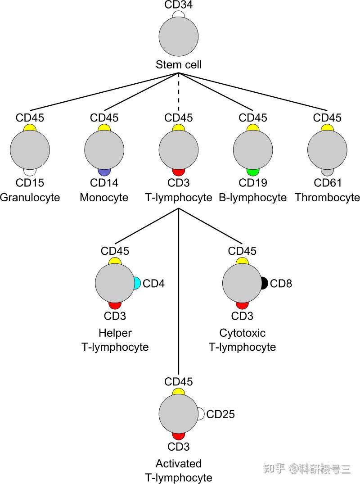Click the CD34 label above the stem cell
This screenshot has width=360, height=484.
tap(179, 5)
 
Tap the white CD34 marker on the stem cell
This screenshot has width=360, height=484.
tap(179, 15)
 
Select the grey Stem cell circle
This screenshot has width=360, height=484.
tap(179, 37)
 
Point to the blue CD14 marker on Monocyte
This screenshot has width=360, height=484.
tap(104, 172)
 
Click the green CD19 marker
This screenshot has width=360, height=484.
tap(253, 172)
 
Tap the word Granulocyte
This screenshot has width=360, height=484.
tap(30, 197)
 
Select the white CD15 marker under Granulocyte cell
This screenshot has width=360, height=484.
tap(30, 172)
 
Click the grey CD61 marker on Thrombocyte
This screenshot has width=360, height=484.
tap(327, 172)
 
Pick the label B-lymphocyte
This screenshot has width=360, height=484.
tap(253, 197)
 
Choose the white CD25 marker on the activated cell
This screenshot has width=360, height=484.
tap(201, 413)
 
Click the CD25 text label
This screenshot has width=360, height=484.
tap(220, 414)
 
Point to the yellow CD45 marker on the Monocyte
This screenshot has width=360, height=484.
tap(104, 127)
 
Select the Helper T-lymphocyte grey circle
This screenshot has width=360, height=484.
tap(115, 283)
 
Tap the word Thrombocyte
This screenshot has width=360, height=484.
tap(327, 197)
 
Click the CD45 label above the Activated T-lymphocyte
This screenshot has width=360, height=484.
tap(179, 382)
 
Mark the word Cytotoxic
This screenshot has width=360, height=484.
tap(242, 333)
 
